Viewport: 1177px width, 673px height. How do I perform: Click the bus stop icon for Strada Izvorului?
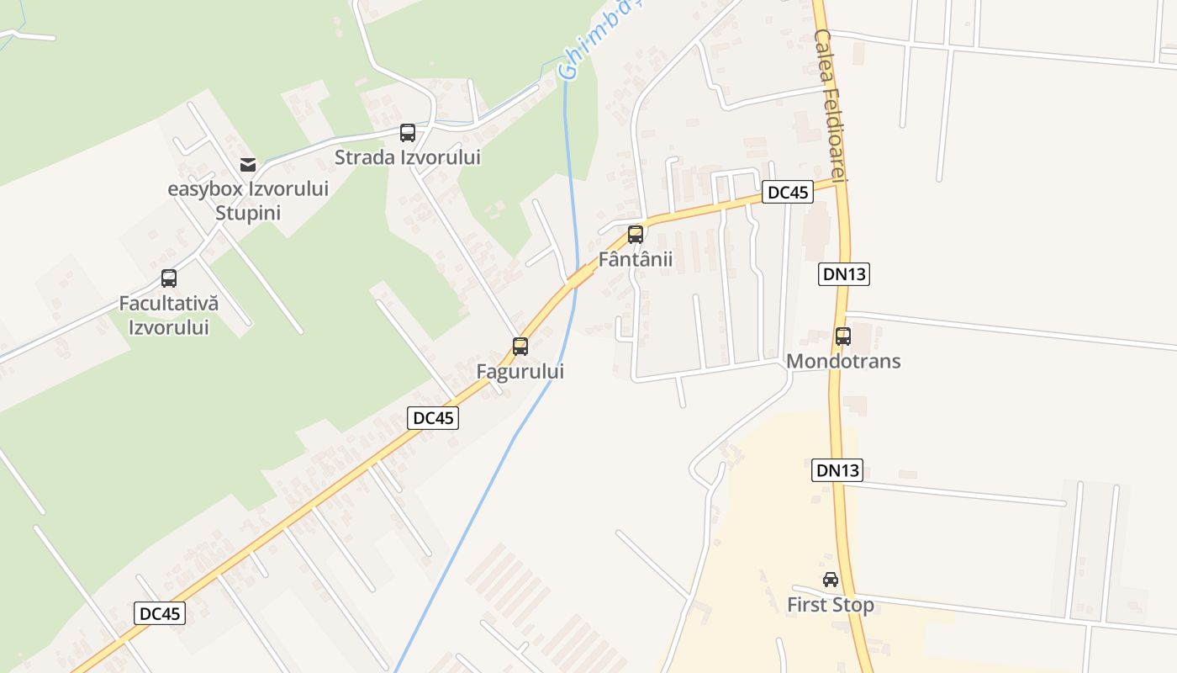(x=408, y=132)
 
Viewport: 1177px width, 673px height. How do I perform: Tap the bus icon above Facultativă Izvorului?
(x=169, y=278)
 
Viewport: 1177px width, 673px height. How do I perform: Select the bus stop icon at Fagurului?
(x=520, y=346)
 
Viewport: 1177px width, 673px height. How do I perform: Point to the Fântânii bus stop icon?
(x=636, y=235)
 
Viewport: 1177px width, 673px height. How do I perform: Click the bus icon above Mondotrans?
(x=843, y=336)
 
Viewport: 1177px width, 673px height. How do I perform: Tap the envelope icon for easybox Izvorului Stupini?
(x=247, y=164)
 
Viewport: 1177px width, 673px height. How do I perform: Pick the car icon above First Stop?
(x=831, y=579)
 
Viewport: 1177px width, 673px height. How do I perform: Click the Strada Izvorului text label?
(x=408, y=157)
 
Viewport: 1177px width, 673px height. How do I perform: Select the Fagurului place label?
(x=520, y=371)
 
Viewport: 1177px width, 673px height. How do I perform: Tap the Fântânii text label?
(x=636, y=259)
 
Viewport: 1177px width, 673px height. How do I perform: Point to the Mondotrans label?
(x=843, y=361)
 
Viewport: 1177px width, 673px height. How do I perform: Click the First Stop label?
(x=831, y=605)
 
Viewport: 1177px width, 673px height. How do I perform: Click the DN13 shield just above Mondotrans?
(x=843, y=273)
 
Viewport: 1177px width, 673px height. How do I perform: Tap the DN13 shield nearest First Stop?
(x=837, y=470)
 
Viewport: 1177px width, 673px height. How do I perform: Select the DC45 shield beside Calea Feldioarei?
(x=788, y=192)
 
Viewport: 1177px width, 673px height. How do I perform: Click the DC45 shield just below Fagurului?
(x=433, y=417)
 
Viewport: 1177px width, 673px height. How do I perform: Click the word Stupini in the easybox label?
(x=247, y=213)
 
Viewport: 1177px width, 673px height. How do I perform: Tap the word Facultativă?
(x=168, y=304)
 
